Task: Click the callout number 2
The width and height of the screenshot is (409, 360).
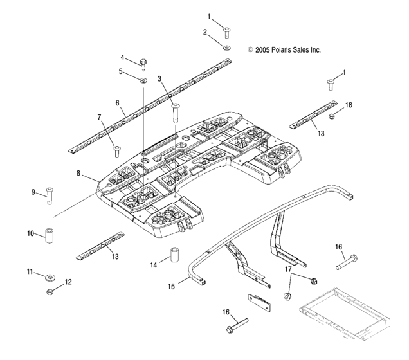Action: tap(206, 32)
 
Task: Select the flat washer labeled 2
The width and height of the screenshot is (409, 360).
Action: tap(227, 47)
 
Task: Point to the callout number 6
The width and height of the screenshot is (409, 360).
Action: tap(118, 102)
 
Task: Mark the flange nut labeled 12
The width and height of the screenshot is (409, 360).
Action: tap(50, 278)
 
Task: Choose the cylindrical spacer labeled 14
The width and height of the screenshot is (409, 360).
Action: tap(50, 291)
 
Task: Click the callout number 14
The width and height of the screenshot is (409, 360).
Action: tap(153, 264)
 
